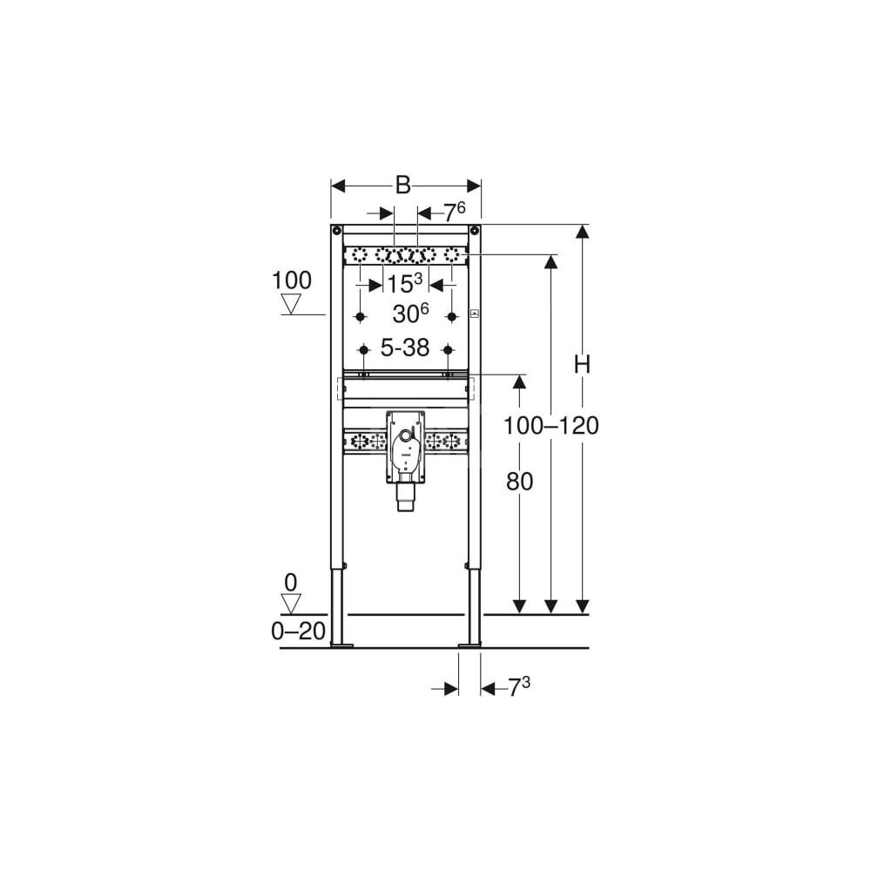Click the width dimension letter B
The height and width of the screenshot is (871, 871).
tap(402, 186)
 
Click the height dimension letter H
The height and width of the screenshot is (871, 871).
tap(582, 364)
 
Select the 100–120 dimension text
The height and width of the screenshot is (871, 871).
tap(550, 426)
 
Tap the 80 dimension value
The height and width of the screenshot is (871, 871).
tap(519, 482)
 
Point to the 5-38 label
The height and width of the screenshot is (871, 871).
tap(405, 348)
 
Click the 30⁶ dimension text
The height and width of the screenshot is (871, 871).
tap(410, 314)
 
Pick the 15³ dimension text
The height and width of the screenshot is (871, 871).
tap(404, 283)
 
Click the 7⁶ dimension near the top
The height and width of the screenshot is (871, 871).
tap(454, 213)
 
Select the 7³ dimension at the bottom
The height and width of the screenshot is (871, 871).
tap(519, 688)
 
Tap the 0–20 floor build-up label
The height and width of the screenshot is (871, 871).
tap(298, 631)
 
